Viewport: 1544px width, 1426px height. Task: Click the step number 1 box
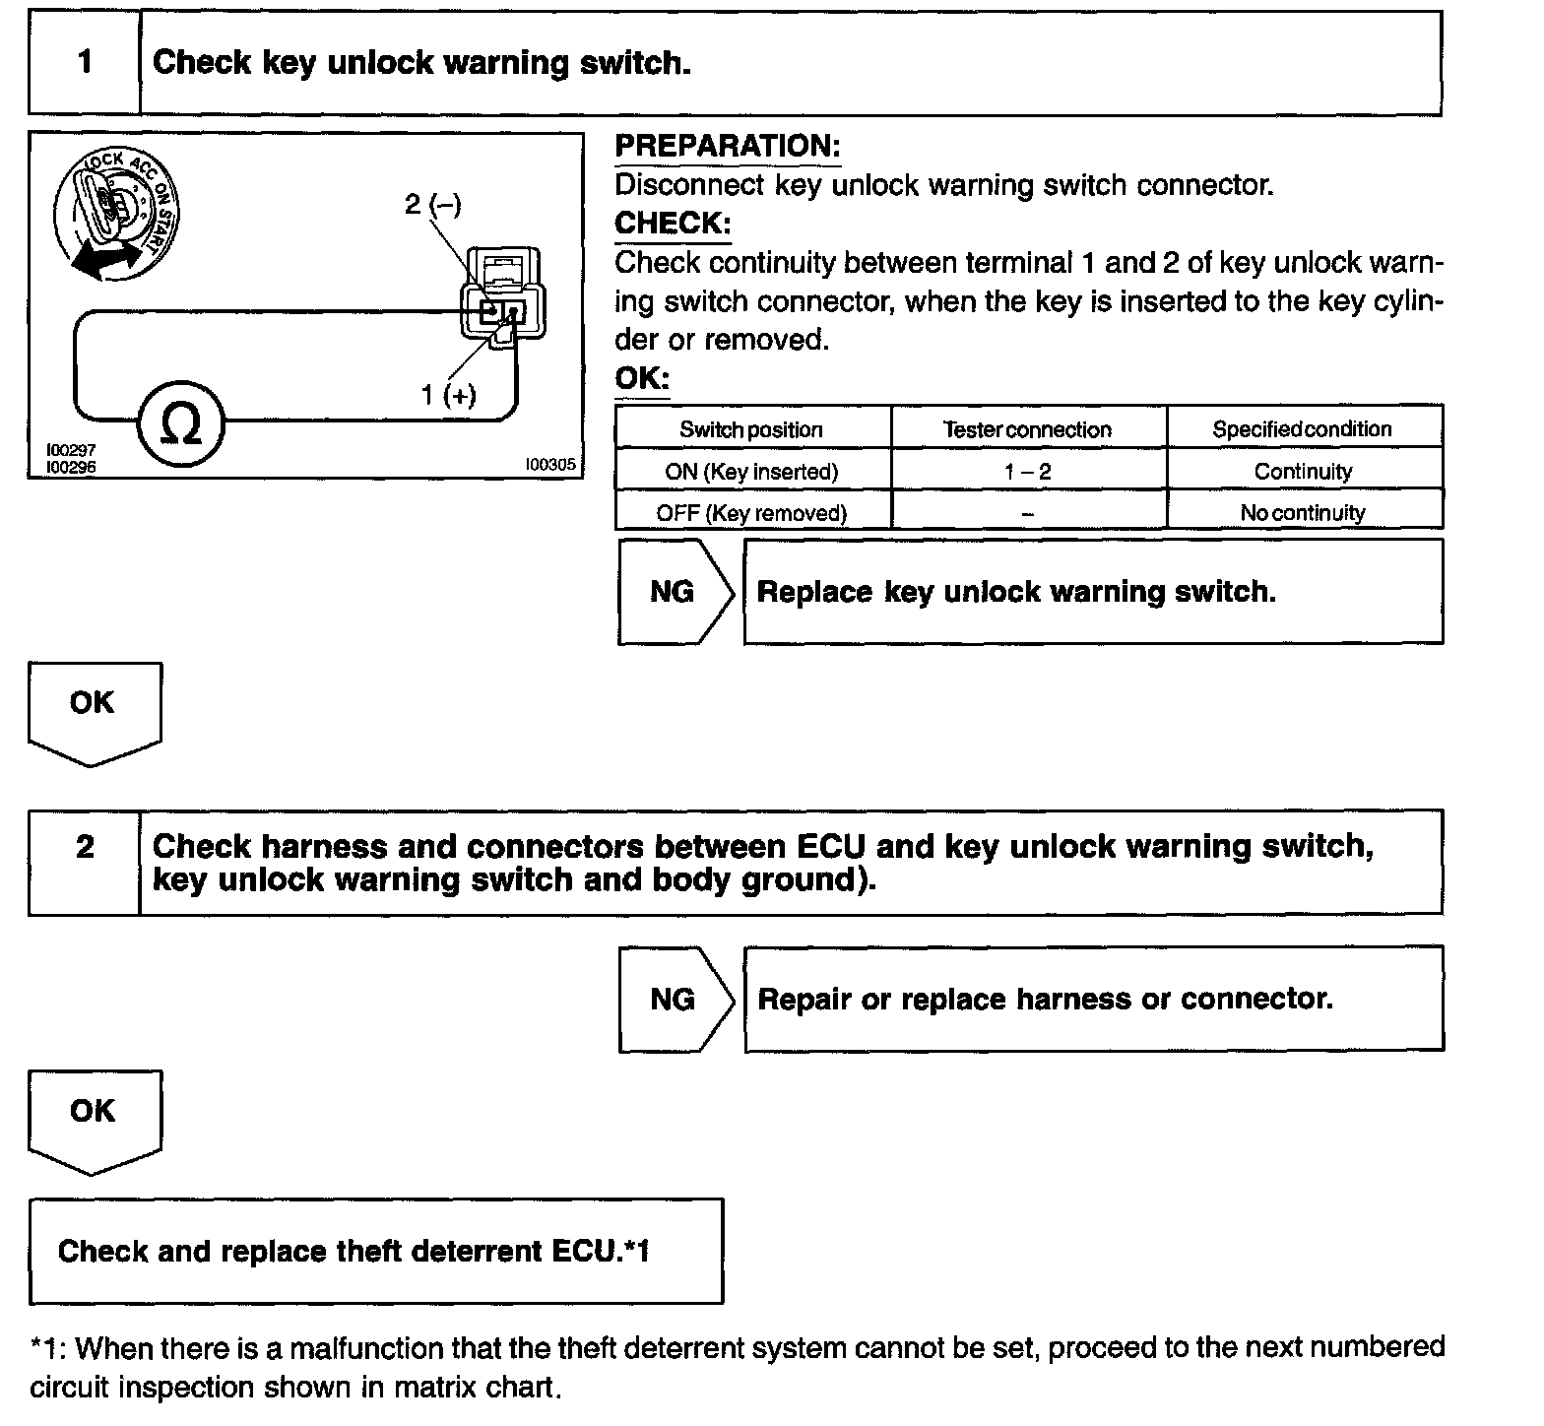(85, 63)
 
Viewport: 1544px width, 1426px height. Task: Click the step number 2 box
(85, 862)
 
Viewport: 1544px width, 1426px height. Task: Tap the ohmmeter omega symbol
(181, 425)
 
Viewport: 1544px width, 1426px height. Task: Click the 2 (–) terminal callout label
(432, 205)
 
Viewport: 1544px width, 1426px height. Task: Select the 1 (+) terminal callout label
(448, 395)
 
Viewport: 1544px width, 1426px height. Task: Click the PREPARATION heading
(728, 147)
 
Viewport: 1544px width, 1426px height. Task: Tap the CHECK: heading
(672, 224)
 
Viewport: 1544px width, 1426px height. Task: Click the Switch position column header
(751, 429)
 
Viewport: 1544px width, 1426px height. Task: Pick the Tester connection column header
(1027, 429)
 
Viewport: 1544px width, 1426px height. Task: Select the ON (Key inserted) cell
(751, 472)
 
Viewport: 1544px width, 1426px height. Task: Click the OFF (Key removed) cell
(751, 513)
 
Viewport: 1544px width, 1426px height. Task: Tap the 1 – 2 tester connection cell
(1027, 472)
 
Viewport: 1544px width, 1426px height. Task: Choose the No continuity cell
(1303, 513)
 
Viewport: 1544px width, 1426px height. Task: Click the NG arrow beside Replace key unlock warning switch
(675, 592)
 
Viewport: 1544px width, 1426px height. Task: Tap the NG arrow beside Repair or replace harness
(675, 1000)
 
